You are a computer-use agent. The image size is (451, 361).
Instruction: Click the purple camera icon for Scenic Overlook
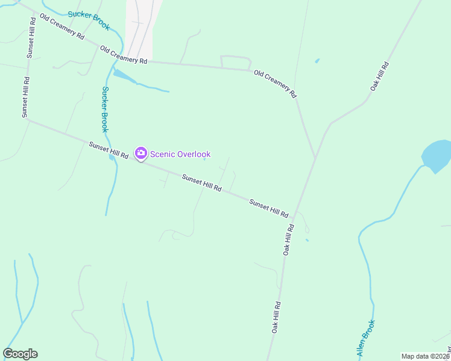(x=140, y=154)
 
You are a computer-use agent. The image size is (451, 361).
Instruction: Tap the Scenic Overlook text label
(x=180, y=155)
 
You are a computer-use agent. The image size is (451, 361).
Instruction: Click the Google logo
(x=20, y=354)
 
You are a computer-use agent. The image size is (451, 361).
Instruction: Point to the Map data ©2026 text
(x=424, y=356)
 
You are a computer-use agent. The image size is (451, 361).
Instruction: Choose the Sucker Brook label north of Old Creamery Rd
(x=89, y=20)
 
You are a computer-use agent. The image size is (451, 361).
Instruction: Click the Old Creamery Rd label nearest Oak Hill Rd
(x=276, y=84)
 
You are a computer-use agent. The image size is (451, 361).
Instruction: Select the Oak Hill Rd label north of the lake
(x=379, y=76)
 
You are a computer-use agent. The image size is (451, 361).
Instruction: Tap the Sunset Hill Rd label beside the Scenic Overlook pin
(x=109, y=150)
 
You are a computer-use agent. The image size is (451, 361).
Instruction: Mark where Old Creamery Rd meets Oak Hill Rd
(x=315, y=158)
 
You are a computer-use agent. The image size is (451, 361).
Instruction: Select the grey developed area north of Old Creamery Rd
(x=139, y=30)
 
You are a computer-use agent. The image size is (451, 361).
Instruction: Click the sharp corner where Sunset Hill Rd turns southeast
(x=27, y=119)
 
